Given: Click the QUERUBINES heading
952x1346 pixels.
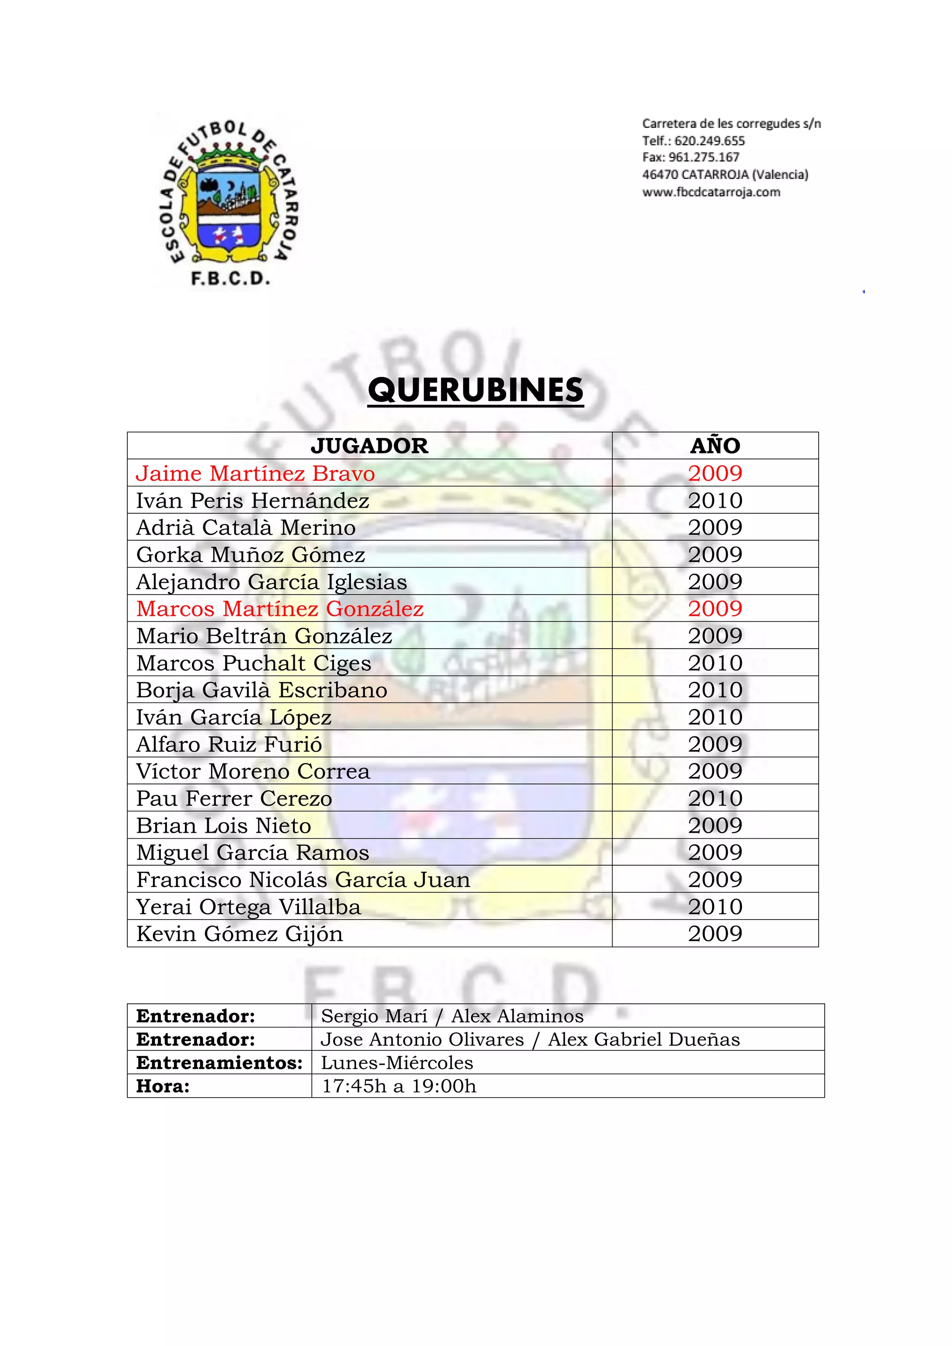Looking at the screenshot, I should click(476, 390).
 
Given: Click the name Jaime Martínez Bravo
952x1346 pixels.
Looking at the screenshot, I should click(255, 473).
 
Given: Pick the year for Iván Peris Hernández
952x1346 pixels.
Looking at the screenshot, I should click(715, 501).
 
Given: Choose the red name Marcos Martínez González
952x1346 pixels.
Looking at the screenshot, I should click(280, 609).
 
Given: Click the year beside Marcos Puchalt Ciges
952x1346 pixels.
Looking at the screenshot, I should click(715, 663).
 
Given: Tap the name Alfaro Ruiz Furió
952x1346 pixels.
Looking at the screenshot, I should click(229, 744).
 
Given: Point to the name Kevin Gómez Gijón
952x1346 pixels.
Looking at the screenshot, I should click(239, 933).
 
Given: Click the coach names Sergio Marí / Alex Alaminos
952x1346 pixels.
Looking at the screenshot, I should click(452, 1016).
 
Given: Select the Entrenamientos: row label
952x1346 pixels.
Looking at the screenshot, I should click(219, 1063).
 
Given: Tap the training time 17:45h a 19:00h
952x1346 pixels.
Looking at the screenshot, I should click(399, 1086).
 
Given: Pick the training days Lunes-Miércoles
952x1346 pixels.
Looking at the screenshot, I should click(397, 1063).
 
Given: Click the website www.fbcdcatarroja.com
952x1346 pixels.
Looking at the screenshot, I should click(711, 192).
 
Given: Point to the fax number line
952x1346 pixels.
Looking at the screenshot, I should click(691, 157).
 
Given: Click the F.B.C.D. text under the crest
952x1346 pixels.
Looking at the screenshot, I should click(231, 278).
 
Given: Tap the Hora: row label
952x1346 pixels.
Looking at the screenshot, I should click(163, 1086).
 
